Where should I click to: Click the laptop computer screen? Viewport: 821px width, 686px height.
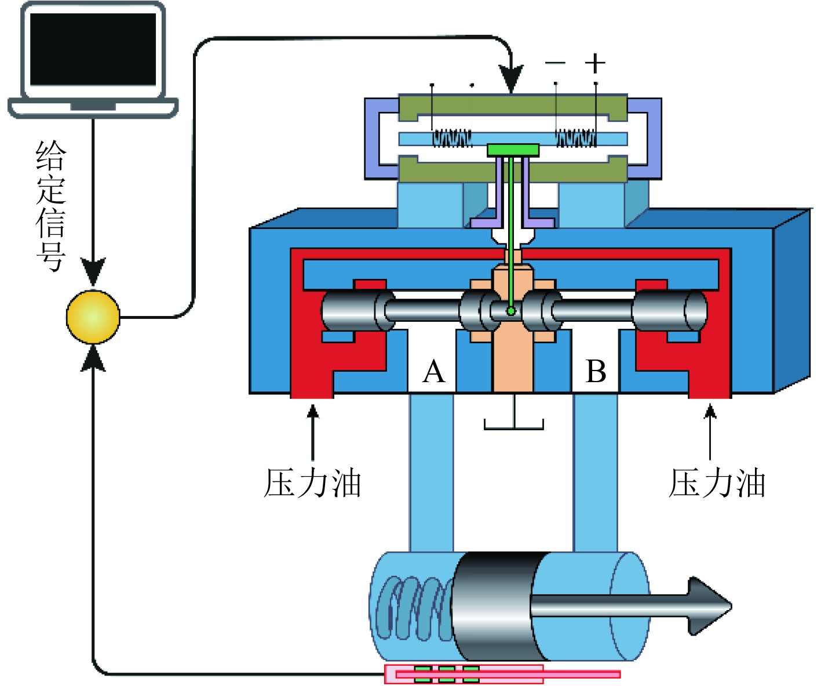pyautogui.click(x=93, y=49)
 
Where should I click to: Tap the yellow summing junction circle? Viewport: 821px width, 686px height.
pyautogui.click(x=93, y=317)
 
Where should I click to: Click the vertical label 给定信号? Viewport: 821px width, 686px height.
pyautogui.click(x=51, y=206)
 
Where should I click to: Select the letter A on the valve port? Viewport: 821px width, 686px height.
pyautogui.click(x=433, y=372)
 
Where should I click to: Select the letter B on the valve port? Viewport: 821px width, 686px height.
pyautogui.click(x=596, y=372)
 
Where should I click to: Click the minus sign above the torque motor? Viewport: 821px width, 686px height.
pyautogui.click(x=555, y=63)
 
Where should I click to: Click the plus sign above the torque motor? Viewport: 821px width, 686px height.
pyautogui.click(x=595, y=63)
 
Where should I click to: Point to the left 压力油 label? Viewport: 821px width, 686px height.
pyautogui.click(x=312, y=483)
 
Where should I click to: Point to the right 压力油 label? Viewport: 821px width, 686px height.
pyautogui.click(x=717, y=483)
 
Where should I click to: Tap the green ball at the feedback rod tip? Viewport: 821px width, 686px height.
pyautogui.click(x=511, y=311)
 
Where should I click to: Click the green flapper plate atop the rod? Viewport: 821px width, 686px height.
pyautogui.click(x=513, y=150)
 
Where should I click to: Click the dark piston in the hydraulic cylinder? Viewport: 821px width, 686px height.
pyautogui.click(x=492, y=606)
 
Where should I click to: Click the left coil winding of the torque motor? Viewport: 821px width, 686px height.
pyautogui.click(x=452, y=138)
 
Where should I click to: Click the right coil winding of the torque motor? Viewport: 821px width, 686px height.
pyautogui.click(x=576, y=138)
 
